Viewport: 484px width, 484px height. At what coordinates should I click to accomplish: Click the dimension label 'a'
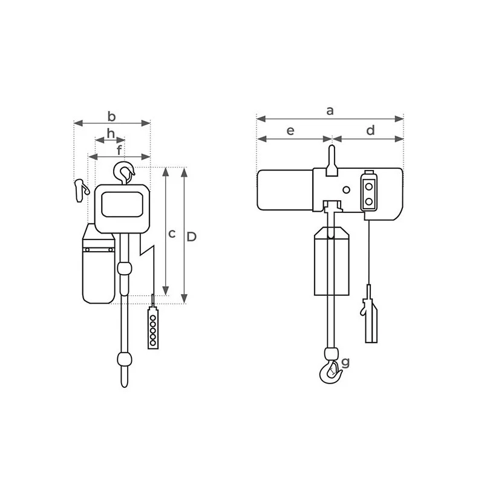pos(330,110)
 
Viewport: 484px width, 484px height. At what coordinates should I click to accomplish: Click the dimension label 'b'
pos(111,115)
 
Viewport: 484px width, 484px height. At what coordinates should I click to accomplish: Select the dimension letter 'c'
pos(172,234)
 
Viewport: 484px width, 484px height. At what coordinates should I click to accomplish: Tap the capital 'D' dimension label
pos(192,237)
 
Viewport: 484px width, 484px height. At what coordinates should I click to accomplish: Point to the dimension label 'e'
pos(290,130)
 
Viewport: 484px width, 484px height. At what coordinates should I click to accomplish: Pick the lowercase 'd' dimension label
pos(371,130)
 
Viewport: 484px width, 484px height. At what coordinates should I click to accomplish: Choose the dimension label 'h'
pos(111,132)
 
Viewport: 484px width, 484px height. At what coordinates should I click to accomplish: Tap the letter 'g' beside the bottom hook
pos(345,362)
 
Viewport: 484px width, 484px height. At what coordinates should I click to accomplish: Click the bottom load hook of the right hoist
pos(330,371)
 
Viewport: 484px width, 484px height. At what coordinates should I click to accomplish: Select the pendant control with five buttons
pos(153,328)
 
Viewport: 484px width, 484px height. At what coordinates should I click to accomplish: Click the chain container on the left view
pos(99,266)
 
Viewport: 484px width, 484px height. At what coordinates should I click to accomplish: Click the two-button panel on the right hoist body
pos(368,192)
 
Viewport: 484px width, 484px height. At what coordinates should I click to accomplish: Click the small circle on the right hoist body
pos(346,190)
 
